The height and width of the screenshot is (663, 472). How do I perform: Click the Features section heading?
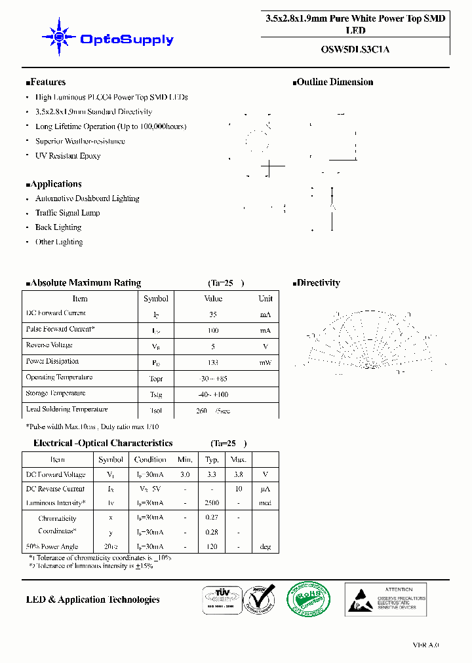coord(46,83)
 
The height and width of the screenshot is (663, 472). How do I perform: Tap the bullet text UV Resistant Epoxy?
coord(68,156)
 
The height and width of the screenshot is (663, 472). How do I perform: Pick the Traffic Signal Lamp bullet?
coord(68,213)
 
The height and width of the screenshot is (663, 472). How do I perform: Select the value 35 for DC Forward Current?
coord(213,314)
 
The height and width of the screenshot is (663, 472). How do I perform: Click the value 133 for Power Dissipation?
coord(213,362)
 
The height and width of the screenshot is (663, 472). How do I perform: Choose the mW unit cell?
coord(265,362)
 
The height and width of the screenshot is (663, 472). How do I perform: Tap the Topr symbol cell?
coord(155,379)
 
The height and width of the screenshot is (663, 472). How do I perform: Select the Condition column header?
coord(150,460)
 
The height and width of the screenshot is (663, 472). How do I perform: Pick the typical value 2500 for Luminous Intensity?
coord(211,503)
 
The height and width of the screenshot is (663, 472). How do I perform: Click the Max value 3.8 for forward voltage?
coord(239,474)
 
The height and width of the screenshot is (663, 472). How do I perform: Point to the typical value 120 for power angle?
coord(211,546)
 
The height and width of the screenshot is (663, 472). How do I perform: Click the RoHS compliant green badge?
coord(309,599)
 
